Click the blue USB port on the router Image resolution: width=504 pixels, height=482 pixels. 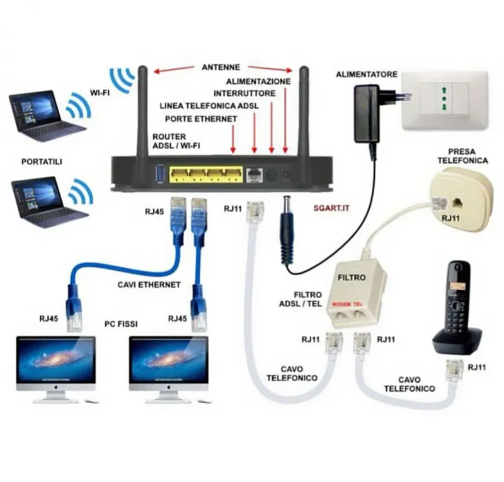[161, 174]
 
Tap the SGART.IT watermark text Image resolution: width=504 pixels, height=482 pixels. [331, 208]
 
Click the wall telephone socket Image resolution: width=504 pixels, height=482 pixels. [460, 201]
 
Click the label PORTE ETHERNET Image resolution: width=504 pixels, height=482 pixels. [201, 119]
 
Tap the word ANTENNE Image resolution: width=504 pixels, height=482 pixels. [221, 68]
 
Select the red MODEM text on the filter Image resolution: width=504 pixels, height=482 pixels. [341, 304]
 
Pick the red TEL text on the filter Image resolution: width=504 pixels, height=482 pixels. [358, 304]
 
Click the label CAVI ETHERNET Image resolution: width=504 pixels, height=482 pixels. [149, 285]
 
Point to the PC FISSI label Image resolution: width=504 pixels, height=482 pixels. [121, 324]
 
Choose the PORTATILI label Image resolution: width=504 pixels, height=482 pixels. [42, 162]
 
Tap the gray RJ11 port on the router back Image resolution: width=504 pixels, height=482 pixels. [255, 175]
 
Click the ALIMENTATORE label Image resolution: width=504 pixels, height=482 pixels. [367, 74]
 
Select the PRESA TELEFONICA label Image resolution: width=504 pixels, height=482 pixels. [462, 156]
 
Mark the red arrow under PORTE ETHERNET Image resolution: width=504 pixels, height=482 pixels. [233, 139]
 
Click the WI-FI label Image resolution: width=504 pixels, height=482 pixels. [100, 93]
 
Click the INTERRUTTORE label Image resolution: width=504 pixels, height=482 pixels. [244, 93]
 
